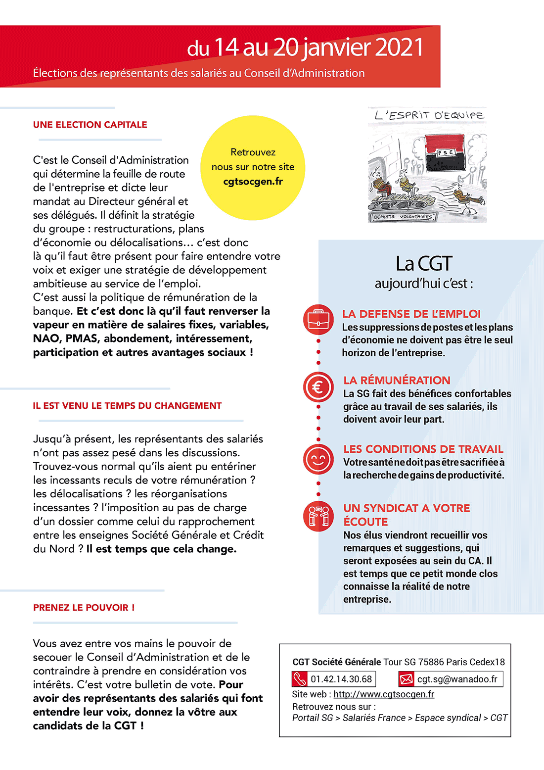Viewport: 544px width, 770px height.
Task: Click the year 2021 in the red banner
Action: [x=399, y=48]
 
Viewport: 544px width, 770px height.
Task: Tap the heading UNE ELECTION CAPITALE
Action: [x=90, y=125]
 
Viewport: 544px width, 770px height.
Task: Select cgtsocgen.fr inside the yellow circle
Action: [x=253, y=182]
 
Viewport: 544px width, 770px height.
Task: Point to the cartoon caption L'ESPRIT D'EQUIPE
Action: [x=429, y=115]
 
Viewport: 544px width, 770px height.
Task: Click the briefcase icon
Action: [x=318, y=319]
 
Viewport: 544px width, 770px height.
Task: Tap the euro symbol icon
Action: [x=318, y=387]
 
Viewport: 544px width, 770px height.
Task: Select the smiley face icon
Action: [x=318, y=459]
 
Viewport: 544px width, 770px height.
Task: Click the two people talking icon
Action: [x=318, y=516]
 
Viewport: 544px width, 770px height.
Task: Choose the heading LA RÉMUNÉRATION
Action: [x=397, y=380]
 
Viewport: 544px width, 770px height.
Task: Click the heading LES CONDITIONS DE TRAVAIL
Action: [x=423, y=449]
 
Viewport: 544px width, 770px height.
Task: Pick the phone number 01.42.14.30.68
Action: [x=341, y=679]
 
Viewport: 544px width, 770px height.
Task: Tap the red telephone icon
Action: [x=300, y=679]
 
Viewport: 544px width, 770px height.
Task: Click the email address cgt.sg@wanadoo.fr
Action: [x=457, y=679]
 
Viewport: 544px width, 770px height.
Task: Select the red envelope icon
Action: [x=406, y=679]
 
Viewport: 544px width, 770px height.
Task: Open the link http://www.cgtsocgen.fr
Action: [x=384, y=694]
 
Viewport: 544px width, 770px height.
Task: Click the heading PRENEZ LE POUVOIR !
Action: [x=84, y=608]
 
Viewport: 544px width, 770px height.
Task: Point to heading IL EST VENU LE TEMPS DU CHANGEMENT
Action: [x=127, y=406]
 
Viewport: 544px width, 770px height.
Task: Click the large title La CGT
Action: [x=424, y=263]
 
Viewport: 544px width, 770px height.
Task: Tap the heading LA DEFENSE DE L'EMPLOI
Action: [x=411, y=314]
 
